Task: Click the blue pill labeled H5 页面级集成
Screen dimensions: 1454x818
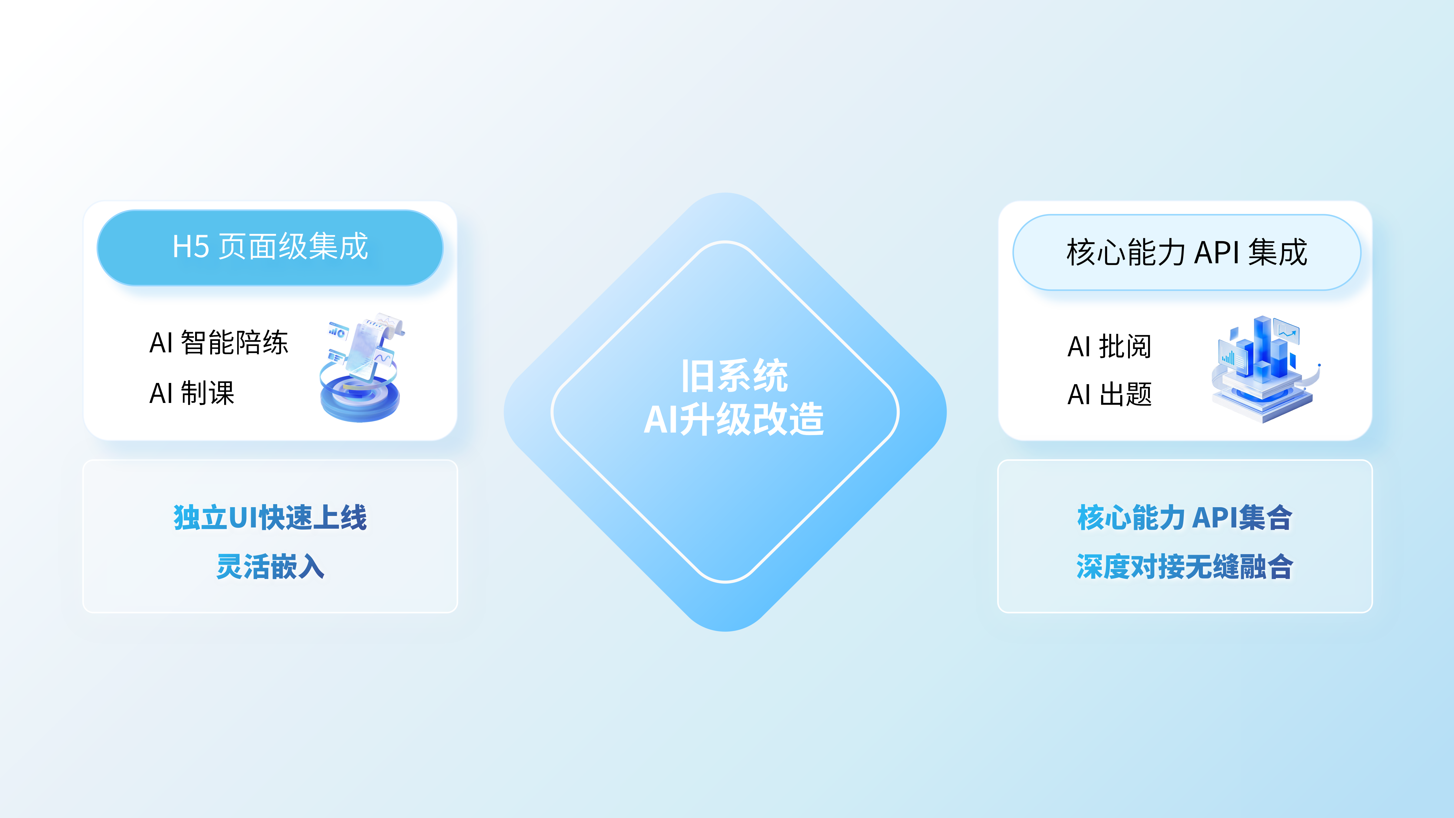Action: pos(270,247)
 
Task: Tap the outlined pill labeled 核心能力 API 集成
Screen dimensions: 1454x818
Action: pos(1187,252)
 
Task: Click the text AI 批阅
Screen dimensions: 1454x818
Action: pos(1109,346)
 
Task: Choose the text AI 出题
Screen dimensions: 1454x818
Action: pos(1109,394)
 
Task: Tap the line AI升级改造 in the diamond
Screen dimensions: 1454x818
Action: pos(734,419)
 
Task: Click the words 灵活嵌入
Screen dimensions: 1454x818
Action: pos(271,566)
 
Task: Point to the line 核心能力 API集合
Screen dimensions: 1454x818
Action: pos(1185,517)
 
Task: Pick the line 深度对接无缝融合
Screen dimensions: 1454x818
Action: pos(1185,566)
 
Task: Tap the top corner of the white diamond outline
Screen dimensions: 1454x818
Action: pos(726,242)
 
